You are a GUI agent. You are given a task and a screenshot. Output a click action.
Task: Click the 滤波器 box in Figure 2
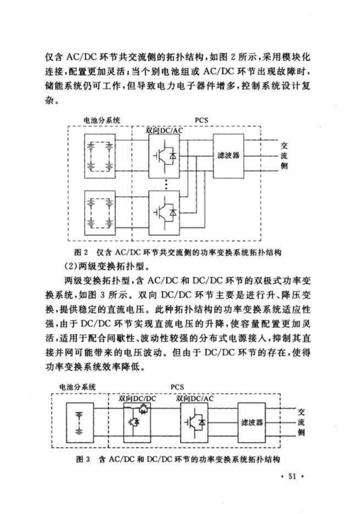pos(228,155)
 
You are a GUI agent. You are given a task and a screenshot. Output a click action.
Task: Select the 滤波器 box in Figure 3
pos(252,422)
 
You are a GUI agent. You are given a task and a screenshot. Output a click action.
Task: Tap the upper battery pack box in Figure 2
pos(100,156)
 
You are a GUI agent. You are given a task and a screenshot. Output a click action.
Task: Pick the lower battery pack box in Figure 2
pos(100,213)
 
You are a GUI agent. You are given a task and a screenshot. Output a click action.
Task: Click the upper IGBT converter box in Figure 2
pos(164,156)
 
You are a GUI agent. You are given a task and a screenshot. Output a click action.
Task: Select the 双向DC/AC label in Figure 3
pos(195,399)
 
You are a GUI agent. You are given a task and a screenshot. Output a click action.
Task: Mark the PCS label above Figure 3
pos(177,387)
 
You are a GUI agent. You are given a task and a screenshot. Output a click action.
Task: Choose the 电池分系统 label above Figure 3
pos(77,387)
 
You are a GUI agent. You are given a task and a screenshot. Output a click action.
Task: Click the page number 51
pos(292,476)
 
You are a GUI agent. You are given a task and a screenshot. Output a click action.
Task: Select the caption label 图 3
pos(83,459)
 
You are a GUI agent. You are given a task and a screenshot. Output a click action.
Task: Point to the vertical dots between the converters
pos(166,184)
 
